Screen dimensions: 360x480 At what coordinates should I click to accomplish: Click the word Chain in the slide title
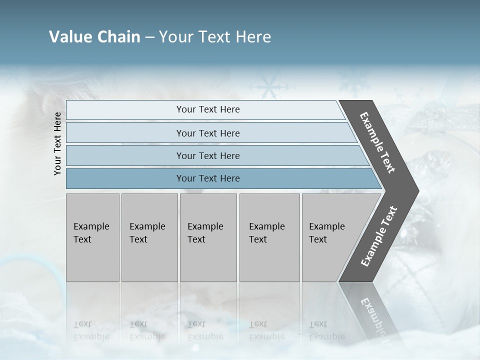point(118,37)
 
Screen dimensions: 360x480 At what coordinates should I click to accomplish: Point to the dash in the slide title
point(149,37)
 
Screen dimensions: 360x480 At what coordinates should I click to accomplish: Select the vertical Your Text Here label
point(57,143)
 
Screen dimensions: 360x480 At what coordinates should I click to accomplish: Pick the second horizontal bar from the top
point(207,133)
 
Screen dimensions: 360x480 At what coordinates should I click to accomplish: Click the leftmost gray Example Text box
point(92,237)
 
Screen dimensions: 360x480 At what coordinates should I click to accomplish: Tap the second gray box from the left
point(149,237)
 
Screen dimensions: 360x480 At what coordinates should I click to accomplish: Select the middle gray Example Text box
point(208,237)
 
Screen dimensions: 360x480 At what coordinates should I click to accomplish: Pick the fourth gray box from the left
point(269,237)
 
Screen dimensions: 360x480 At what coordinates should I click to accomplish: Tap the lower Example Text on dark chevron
point(379,236)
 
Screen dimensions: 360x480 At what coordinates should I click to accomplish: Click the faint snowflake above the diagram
point(269,86)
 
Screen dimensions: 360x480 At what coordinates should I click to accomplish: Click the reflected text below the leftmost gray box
point(91,330)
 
